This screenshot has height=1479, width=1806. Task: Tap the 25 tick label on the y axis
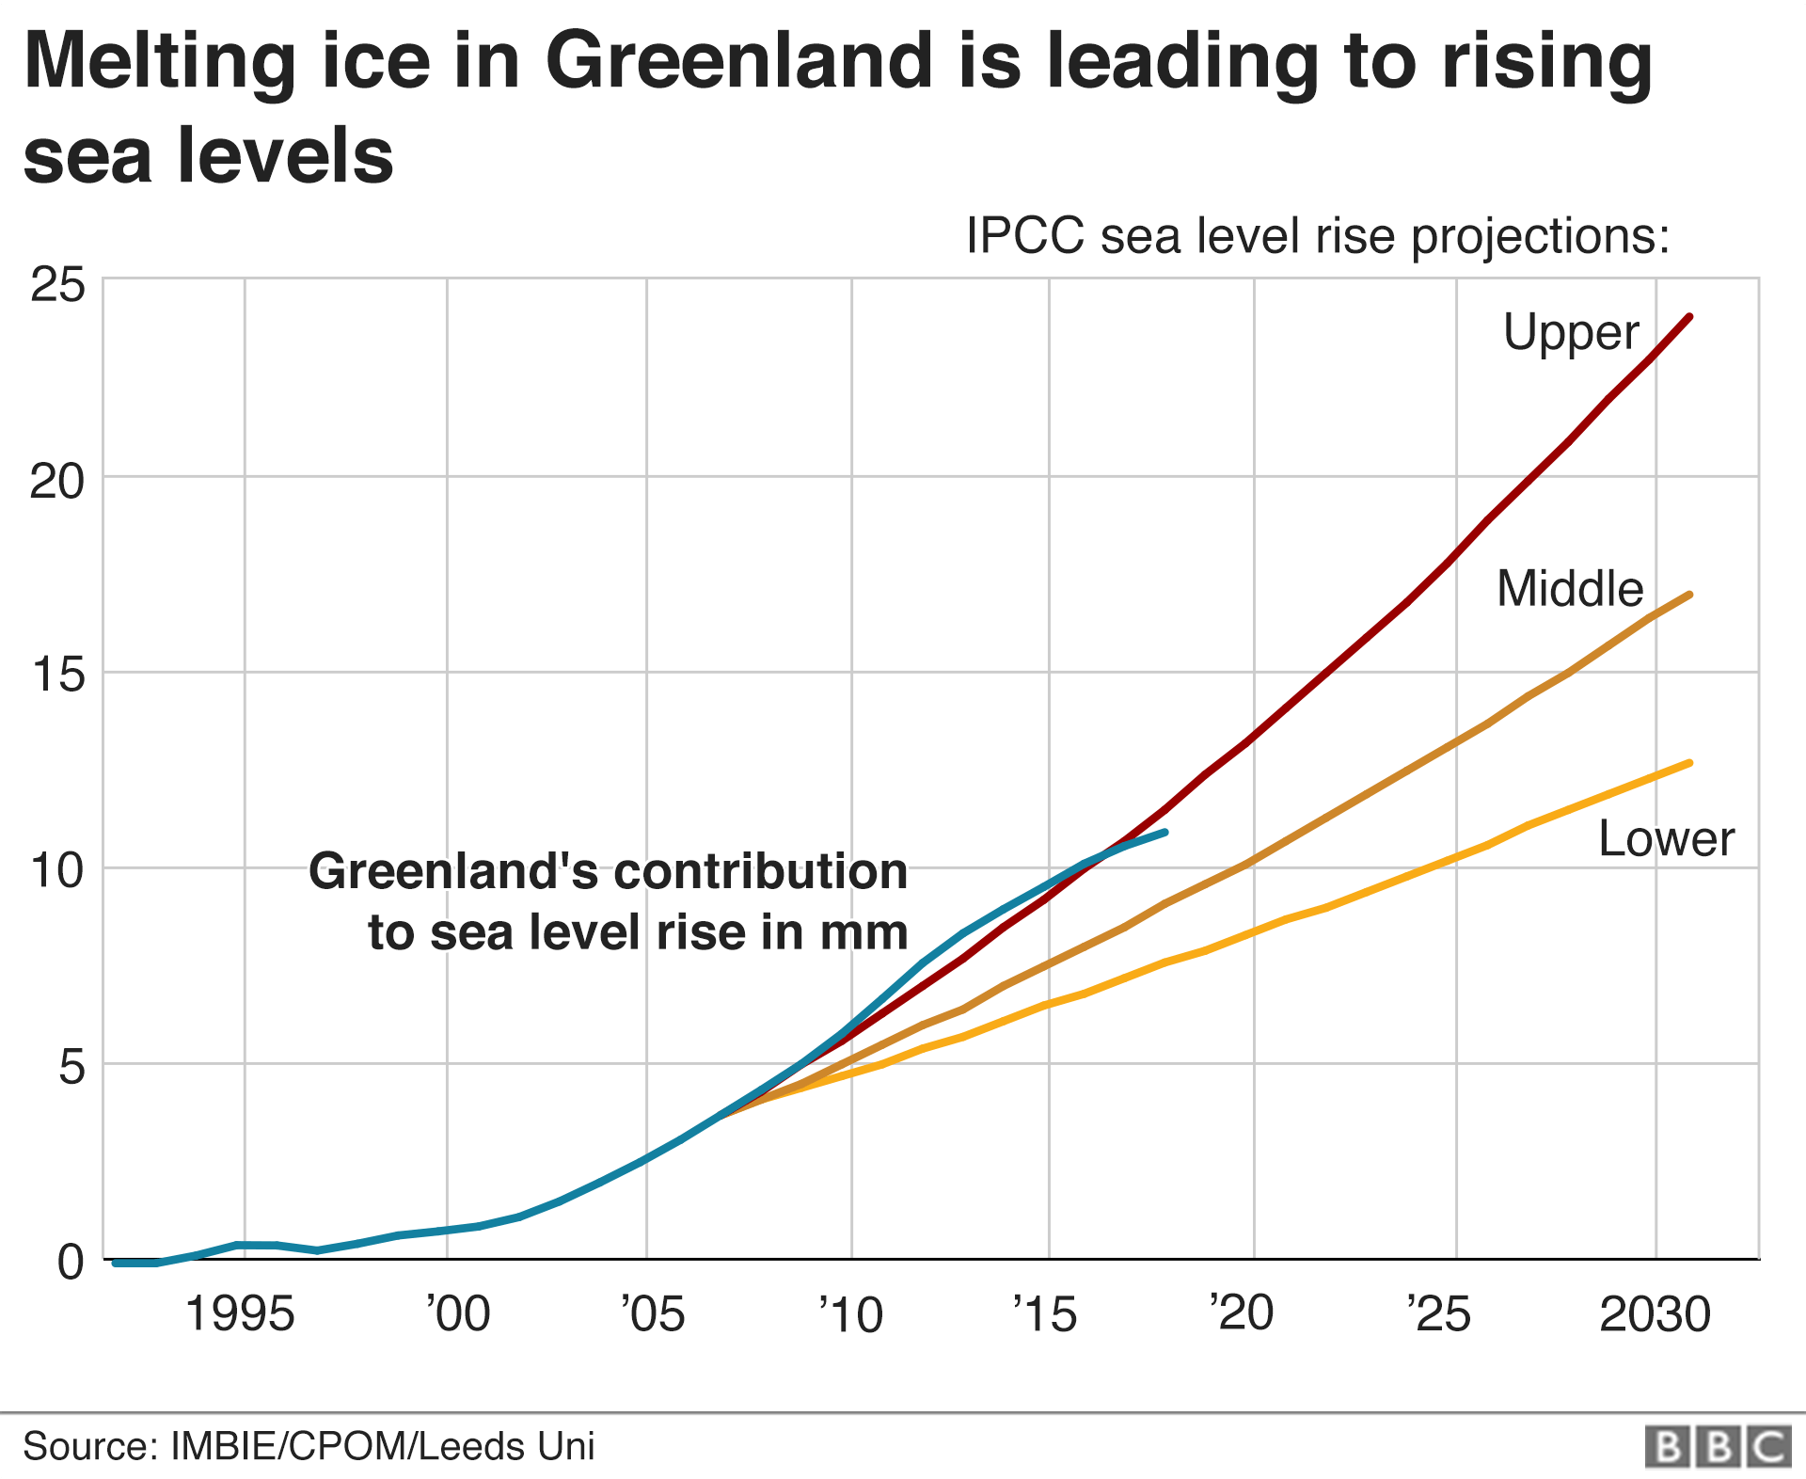(x=57, y=284)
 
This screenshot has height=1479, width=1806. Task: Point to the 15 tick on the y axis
(x=57, y=675)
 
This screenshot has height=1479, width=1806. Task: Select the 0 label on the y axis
(x=71, y=1262)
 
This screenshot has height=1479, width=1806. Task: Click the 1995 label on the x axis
(x=240, y=1313)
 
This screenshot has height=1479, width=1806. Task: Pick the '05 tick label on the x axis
(x=653, y=1313)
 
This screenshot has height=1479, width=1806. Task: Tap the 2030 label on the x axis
(x=1655, y=1313)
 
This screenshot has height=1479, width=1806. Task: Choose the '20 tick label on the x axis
(x=1242, y=1313)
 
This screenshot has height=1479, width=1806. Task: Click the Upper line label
(x=1571, y=332)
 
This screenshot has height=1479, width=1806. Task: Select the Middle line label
(x=1570, y=589)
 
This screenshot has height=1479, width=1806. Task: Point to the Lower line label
(x=1666, y=838)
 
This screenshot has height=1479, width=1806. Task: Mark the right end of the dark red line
(x=1690, y=316)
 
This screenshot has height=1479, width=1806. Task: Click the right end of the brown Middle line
(x=1690, y=595)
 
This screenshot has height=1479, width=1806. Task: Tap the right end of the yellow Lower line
(x=1690, y=762)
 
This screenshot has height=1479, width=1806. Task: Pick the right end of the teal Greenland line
(x=1164, y=832)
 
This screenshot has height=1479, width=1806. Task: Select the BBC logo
(x=1718, y=1447)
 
